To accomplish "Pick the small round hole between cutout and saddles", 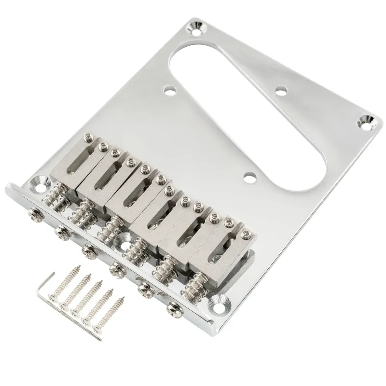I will click(249, 179).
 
